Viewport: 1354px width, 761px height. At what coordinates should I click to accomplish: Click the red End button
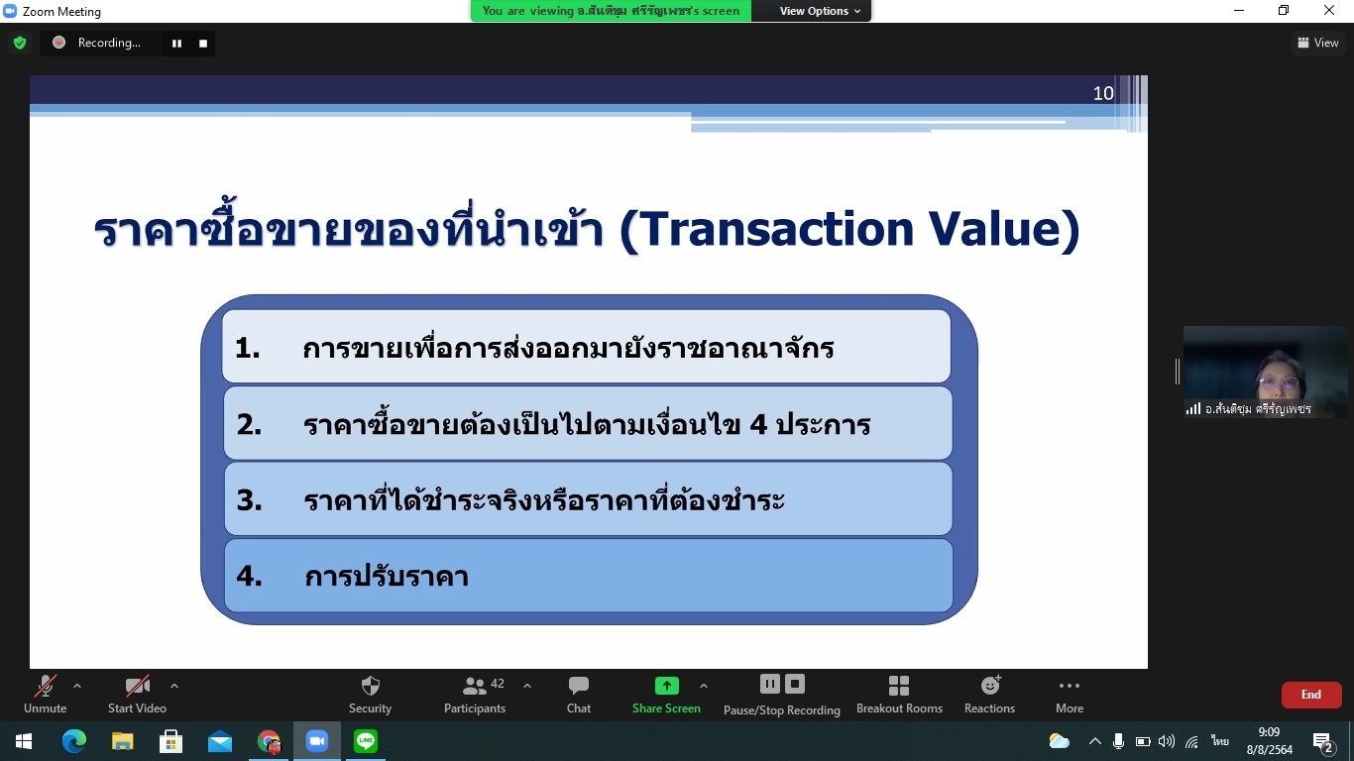point(1311,695)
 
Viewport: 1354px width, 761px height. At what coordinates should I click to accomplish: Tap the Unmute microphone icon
point(46,686)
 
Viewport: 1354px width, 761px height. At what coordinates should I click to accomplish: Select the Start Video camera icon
point(137,686)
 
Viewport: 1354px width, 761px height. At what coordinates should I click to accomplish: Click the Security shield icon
point(370,686)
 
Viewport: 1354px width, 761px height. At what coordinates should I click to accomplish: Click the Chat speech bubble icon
point(579,685)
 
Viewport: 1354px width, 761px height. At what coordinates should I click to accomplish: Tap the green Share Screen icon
point(666,686)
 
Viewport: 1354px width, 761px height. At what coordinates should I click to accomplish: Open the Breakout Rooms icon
point(899,686)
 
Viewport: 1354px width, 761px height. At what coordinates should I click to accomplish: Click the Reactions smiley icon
point(990,685)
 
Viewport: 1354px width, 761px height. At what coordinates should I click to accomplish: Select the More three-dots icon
point(1069,686)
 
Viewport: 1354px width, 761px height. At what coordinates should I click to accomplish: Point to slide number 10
point(1103,93)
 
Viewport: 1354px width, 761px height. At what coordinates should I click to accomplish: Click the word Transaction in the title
point(775,229)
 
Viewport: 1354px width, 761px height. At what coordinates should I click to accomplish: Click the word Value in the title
point(995,229)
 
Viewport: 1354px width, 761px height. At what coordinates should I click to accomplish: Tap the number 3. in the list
point(249,500)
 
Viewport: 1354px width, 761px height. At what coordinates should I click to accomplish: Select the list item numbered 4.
point(588,576)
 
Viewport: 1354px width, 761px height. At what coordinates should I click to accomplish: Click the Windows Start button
point(24,741)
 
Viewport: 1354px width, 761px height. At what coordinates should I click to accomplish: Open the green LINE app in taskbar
point(366,741)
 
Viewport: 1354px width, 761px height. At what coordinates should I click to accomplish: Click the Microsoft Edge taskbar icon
point(73,741)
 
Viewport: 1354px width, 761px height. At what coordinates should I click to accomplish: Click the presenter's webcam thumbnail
point(1265,372)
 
